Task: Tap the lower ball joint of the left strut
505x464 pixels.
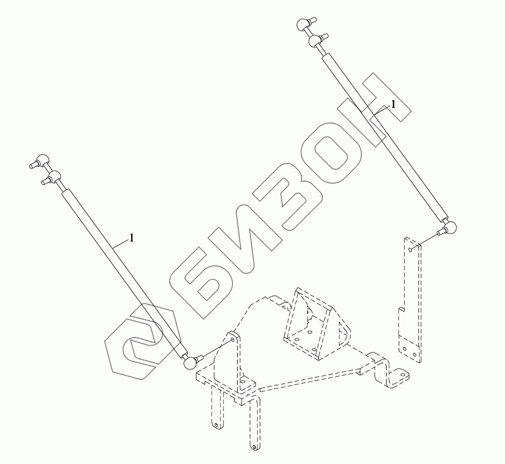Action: point(189,362)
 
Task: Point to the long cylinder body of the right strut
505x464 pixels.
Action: point(384,136)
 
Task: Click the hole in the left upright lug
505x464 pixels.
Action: point(231,340)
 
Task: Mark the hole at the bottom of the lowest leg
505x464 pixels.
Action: point(252,446)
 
